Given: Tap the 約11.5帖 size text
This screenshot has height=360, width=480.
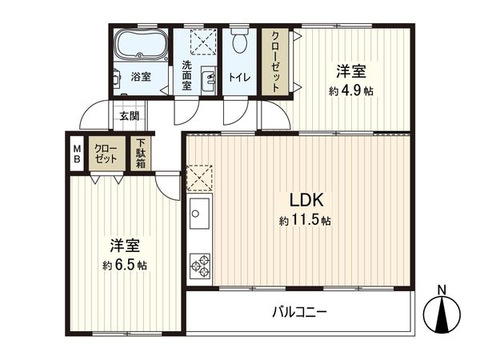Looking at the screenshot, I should click(x=305, y=220).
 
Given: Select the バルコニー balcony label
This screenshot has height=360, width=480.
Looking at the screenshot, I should click(x=299, y=311).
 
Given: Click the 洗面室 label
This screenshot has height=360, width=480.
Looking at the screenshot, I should click(x=186, y=75).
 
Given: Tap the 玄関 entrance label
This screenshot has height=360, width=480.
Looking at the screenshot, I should click(x=129, y=116).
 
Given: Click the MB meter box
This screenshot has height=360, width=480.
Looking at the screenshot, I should click(x=77, y=153).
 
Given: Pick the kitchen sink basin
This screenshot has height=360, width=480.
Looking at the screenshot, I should click(x=199, y=214).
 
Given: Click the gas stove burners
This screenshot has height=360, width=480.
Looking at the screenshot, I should click(x=198, y=266).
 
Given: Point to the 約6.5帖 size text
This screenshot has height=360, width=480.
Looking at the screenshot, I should click(x=125, y=265).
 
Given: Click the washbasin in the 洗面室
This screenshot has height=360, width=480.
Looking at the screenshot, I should click(x=209, y=78).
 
